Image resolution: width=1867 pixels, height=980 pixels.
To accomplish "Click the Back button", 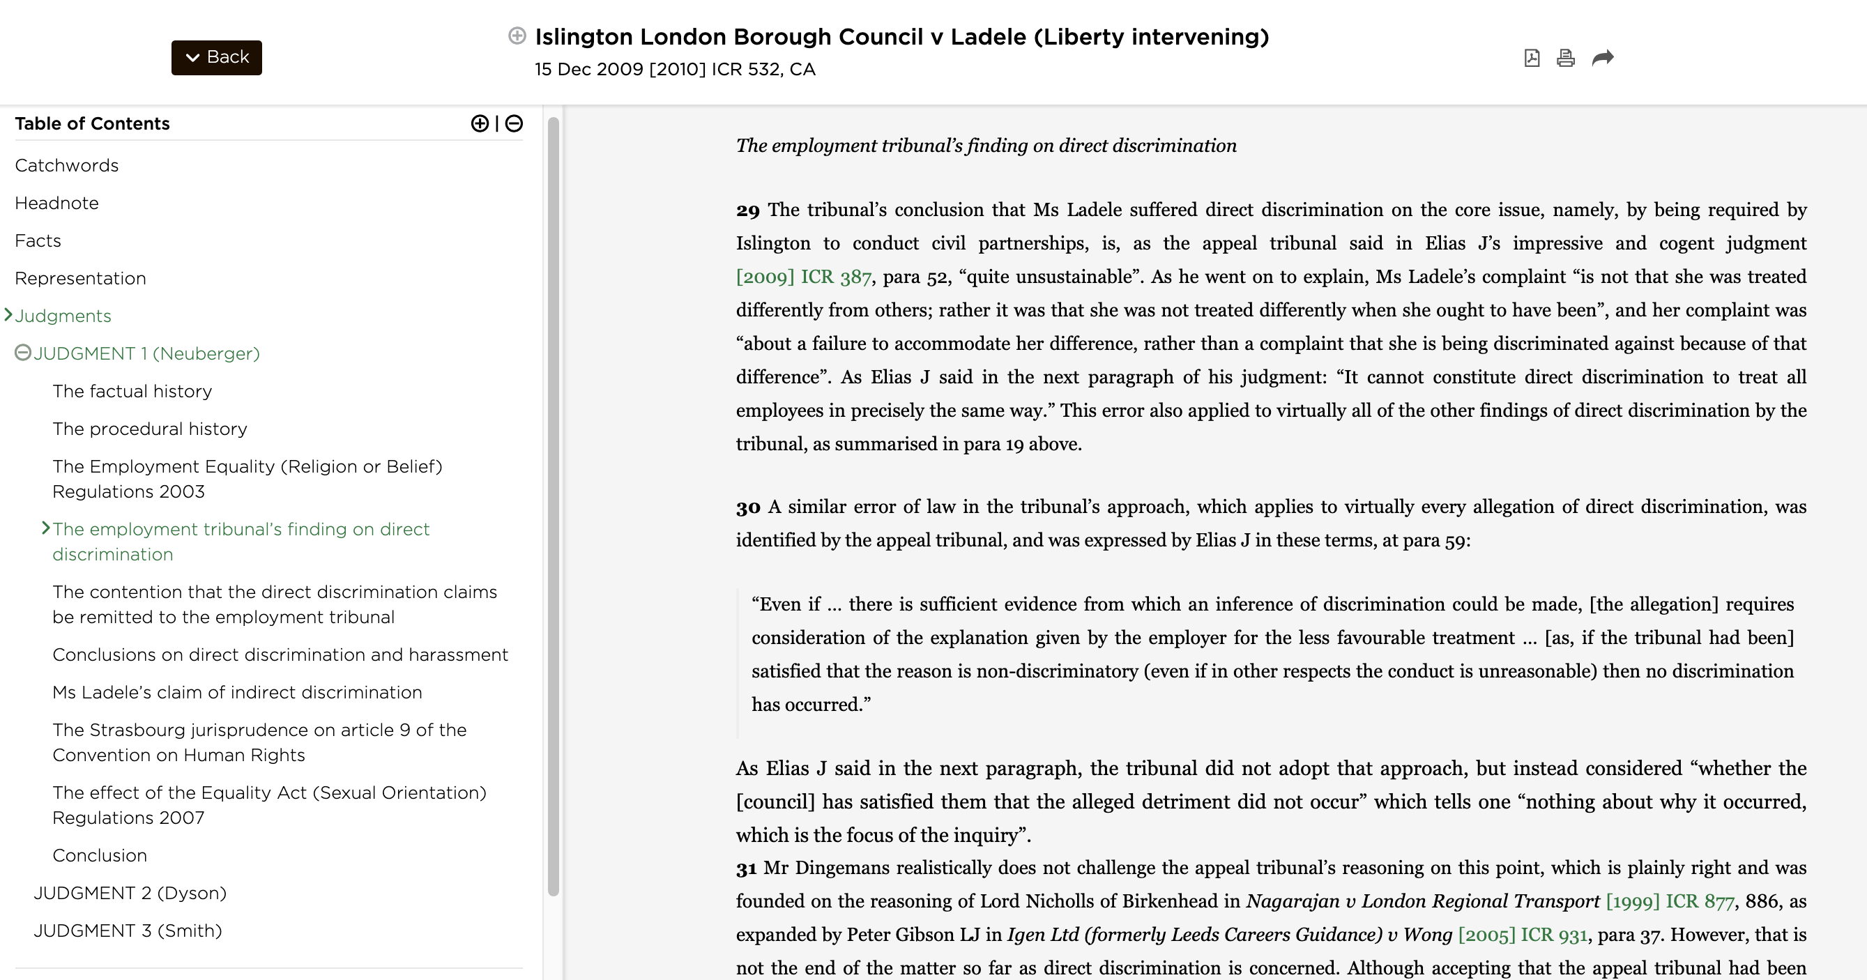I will coord(216,57).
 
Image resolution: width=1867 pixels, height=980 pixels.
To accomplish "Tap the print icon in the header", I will coord(1566,58).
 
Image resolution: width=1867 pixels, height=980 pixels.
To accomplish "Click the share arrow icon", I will coord(1603,57).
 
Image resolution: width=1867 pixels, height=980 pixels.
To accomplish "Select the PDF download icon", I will coord(1532,58).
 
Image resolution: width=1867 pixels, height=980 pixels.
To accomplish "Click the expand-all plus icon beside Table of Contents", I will coord(479,123).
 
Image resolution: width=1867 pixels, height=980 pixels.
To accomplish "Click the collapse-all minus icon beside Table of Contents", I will coord(514,123).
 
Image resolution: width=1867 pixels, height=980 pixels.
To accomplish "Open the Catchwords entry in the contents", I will coord(67,165).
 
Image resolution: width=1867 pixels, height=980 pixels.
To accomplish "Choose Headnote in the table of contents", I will coord(56,203).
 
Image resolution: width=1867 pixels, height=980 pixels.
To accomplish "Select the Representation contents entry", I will coord(80,278).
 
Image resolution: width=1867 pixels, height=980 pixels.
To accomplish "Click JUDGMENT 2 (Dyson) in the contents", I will coord(130,893).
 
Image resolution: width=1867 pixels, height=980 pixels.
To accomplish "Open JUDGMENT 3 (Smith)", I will coord(128,931).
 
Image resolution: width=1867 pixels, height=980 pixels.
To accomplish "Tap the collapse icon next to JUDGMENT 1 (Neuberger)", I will coord(23,353).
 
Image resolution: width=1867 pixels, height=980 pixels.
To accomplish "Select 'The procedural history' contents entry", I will coord(149,429).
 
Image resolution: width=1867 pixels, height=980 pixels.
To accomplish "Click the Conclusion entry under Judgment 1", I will coord(99,855).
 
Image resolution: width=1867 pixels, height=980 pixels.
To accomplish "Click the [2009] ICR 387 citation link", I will coord(803,277).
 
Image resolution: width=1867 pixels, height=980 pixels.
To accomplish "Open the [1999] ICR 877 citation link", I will coord(1670,901).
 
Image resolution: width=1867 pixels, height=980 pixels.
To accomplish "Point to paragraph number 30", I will coord(748,507).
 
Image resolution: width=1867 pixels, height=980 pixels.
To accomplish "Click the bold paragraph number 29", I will coord(748,210).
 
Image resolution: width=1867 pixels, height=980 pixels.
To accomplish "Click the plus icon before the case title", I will coord(517,36).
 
